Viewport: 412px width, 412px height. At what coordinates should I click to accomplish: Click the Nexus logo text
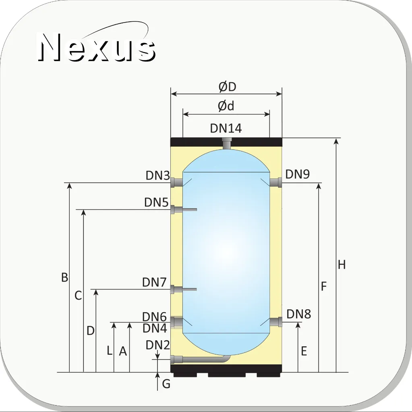tap(96, 47)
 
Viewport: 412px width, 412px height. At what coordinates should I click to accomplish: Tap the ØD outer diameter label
tap(228, 87)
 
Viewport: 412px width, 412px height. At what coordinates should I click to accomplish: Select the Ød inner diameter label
tap(226, 106)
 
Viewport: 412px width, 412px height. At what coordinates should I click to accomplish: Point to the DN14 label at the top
tap(226, 128)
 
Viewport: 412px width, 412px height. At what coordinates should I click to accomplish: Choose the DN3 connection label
tap(157, 175)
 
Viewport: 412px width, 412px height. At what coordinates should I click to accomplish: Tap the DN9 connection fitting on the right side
tap(276, 182)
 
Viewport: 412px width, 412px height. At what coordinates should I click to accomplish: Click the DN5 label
tap(156, 202)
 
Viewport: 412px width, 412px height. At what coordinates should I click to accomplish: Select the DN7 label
tap(155, 282)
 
